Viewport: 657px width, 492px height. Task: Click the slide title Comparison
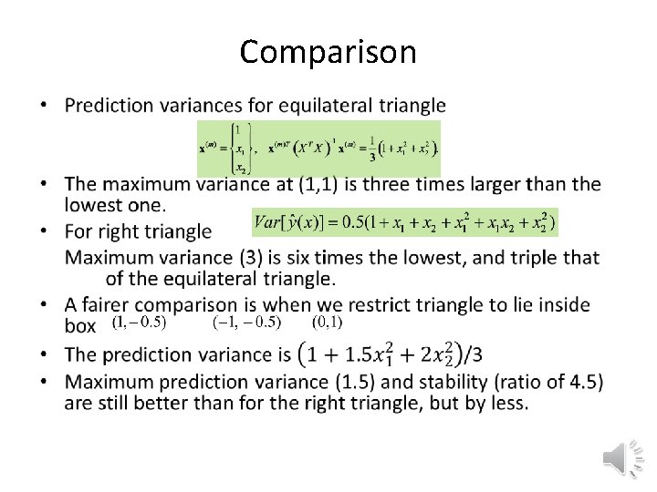tap(328, 52)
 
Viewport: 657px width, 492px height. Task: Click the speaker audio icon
tap(623, 456)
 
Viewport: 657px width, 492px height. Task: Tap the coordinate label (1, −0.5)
tap(139, 322)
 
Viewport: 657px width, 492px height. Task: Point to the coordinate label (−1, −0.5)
tap(246, 322)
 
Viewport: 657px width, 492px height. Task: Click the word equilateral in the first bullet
tap(304, 106)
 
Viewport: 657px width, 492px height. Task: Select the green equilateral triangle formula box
tap(318, 148)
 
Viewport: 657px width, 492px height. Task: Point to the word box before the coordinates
tap(81, 325)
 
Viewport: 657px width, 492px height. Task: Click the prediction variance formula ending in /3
tap(402, 353)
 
